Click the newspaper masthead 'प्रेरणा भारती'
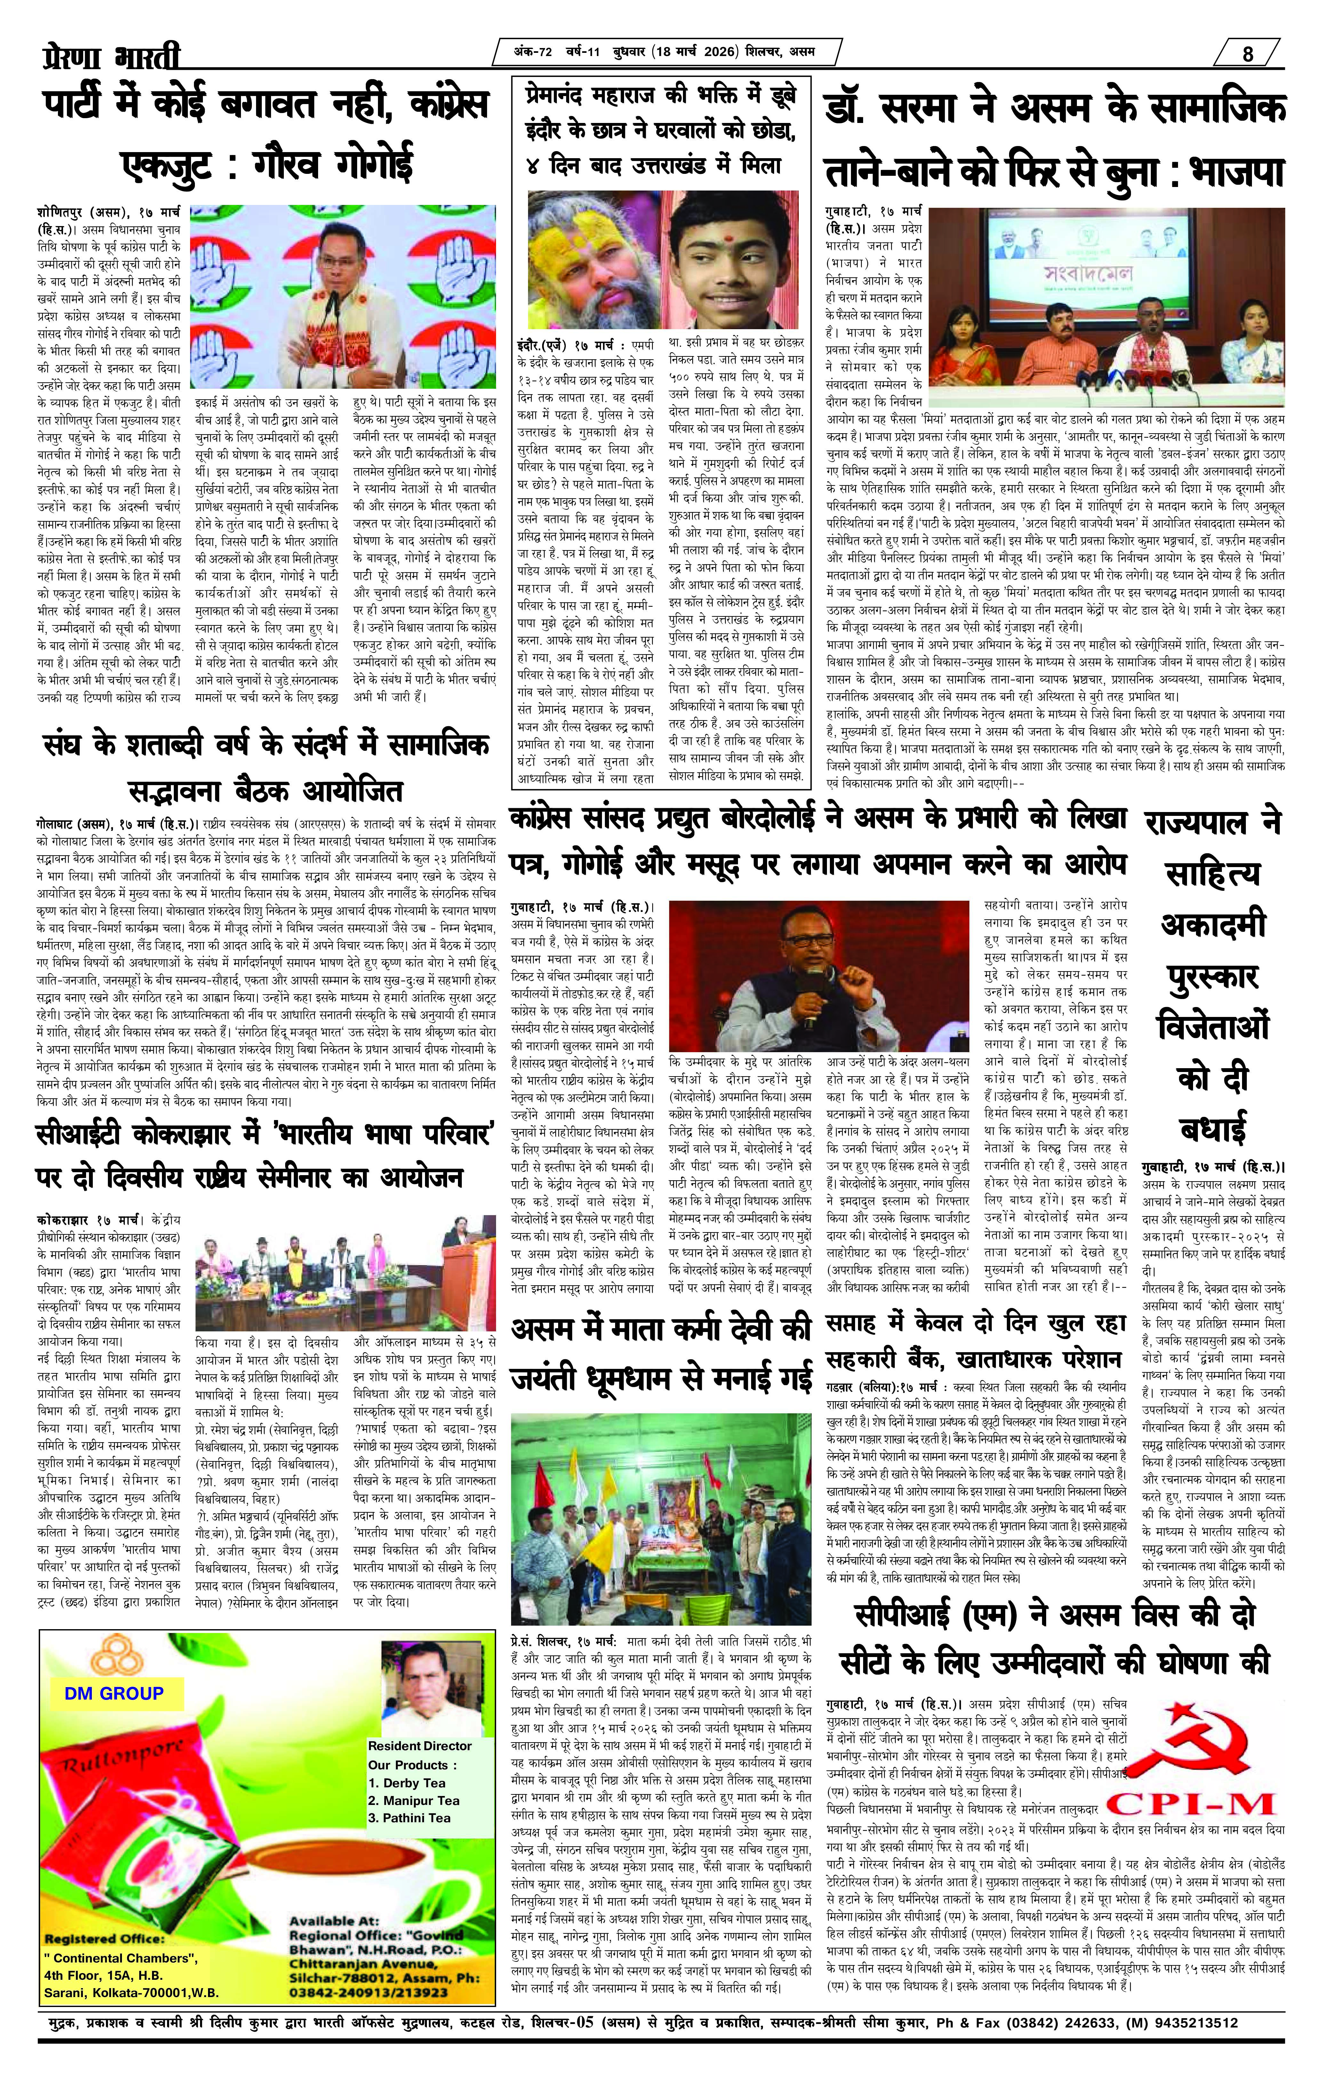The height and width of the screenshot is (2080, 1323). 112,57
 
